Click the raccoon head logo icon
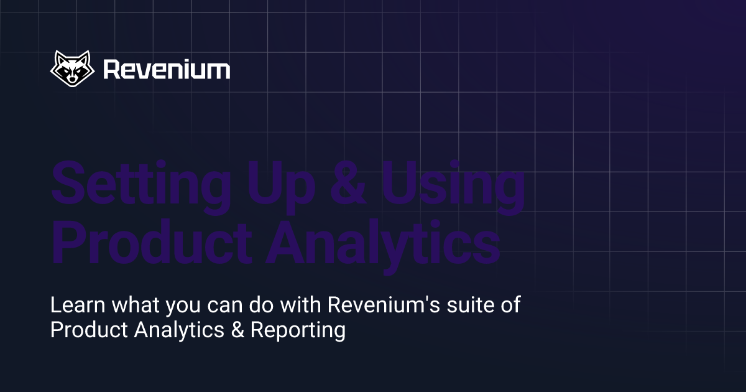[x=72, y=68]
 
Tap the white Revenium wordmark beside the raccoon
[x=166, y=69]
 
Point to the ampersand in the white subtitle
[x=237, y=330]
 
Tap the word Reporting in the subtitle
[x=297, y=330]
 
